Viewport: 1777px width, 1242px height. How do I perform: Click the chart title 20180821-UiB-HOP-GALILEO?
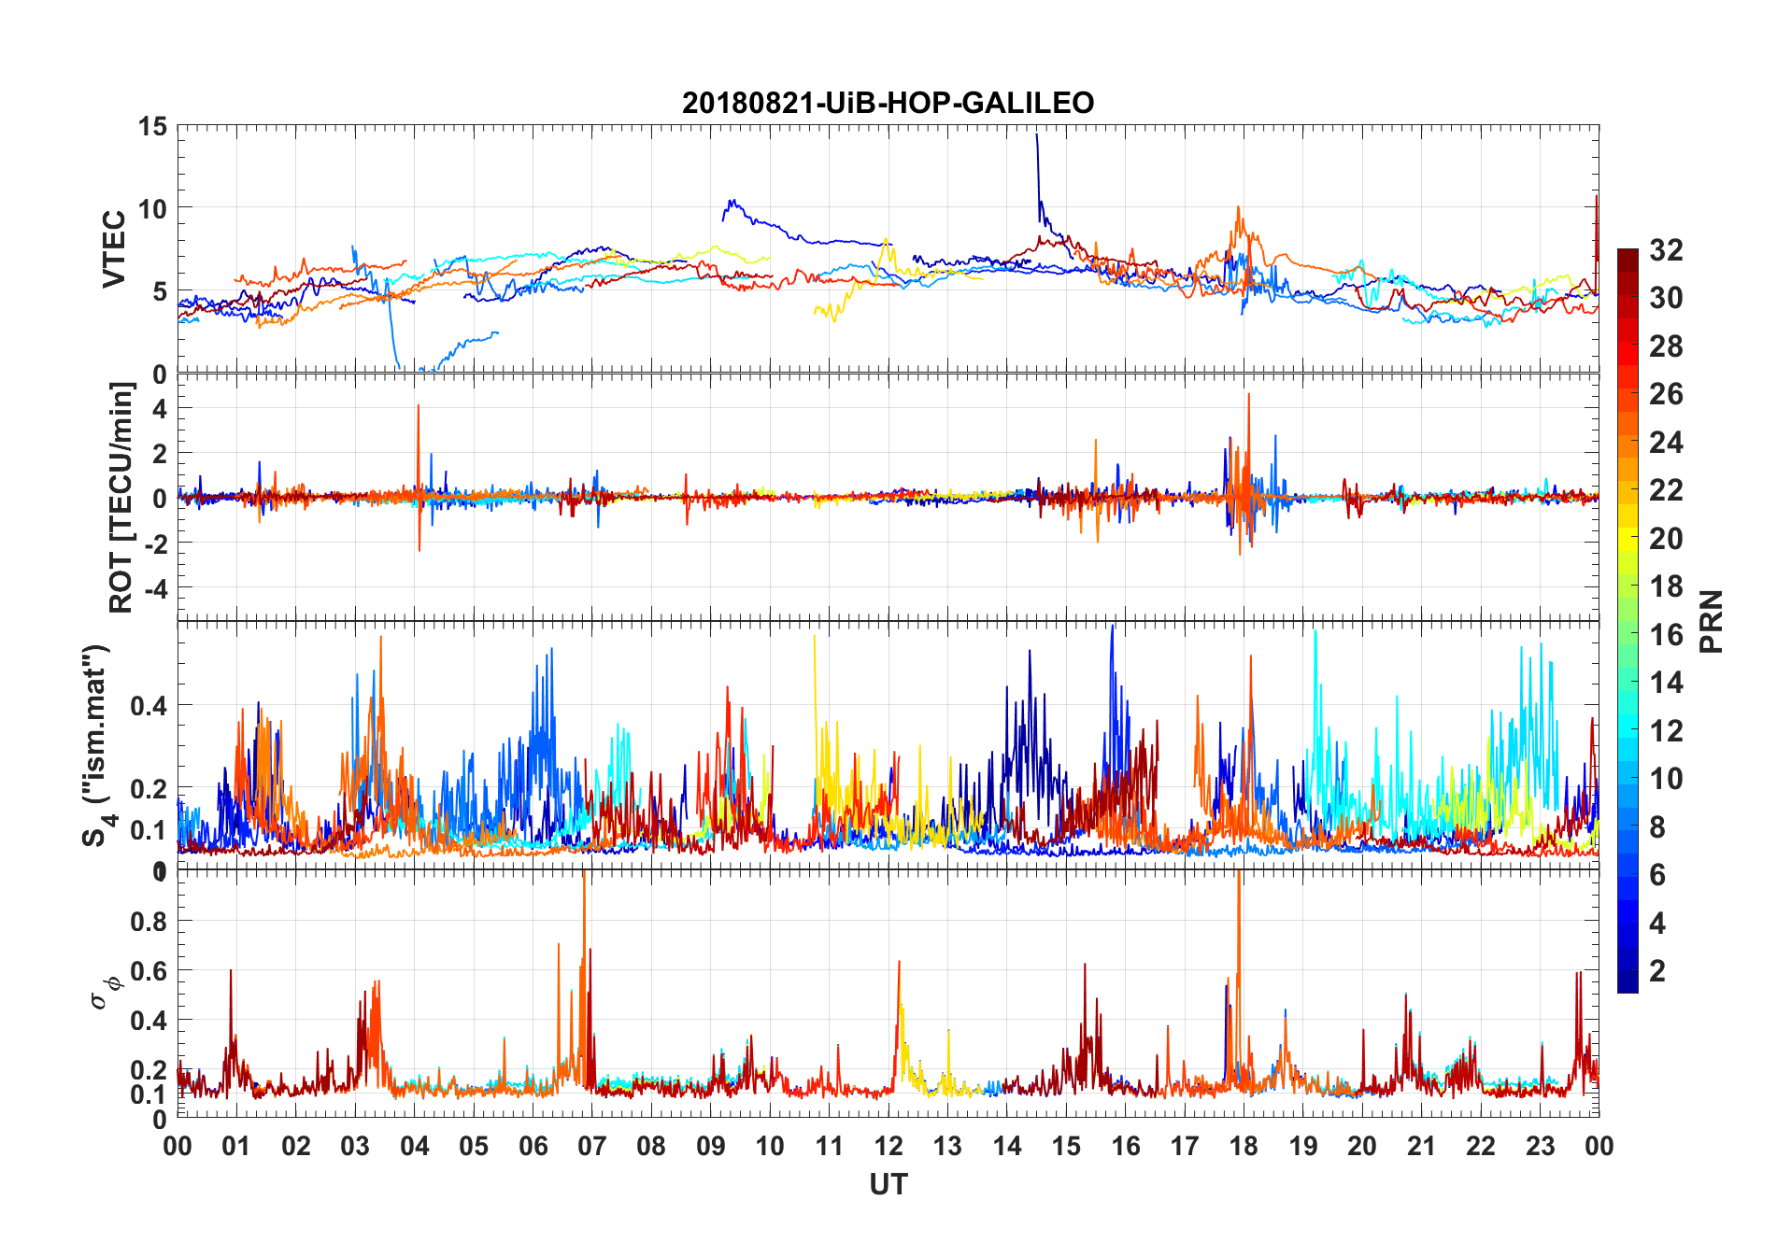coord(888,102)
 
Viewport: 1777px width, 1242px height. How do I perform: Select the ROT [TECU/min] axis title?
coord(121,497)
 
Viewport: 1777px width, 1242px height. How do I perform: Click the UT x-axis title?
coord(888,1184)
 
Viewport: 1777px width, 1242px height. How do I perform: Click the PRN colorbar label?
coord(1711,621)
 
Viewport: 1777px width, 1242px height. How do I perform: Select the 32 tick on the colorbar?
coord(1666,249)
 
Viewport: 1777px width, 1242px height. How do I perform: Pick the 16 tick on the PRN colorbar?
coord(1666,634)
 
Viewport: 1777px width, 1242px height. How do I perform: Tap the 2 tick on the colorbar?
coord(1657,970)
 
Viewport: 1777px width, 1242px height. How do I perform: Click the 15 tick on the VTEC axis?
coord(153,126)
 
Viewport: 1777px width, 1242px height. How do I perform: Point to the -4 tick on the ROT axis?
coord(155,588)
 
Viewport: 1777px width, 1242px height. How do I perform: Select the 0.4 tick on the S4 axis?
coord(149,705)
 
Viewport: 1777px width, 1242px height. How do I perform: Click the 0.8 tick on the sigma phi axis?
coord(149,921)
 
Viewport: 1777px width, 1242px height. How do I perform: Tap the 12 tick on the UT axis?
coord(888,1146)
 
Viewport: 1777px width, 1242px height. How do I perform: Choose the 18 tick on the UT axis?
coord(1244,1146)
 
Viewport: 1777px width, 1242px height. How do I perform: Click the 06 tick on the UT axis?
coord(533,1146)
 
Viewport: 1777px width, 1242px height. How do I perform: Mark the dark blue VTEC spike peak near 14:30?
coord(1036,135)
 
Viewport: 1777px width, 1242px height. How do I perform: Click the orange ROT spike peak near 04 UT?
coord(419,406)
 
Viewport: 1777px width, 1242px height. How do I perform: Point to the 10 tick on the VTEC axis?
coord(153,208)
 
